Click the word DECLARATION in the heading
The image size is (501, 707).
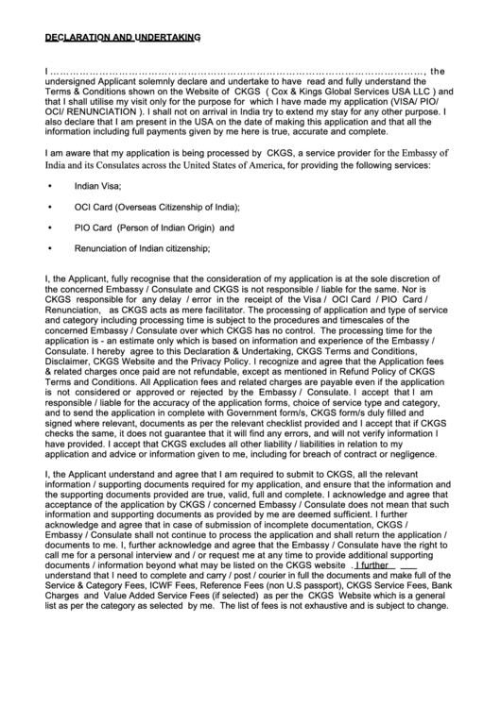(78, 38)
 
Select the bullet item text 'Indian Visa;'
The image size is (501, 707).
(99, 186)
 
